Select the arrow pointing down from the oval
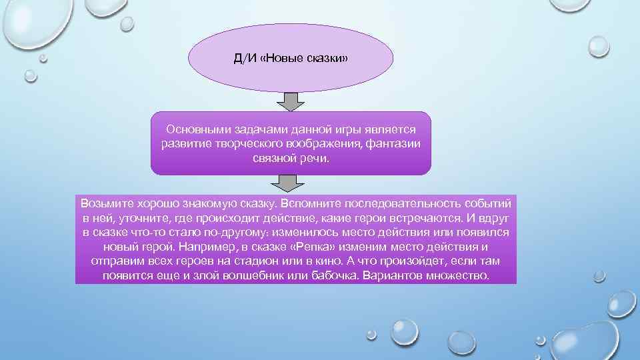point(291,101)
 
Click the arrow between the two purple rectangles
point(291,183)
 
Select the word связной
point(273,159)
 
